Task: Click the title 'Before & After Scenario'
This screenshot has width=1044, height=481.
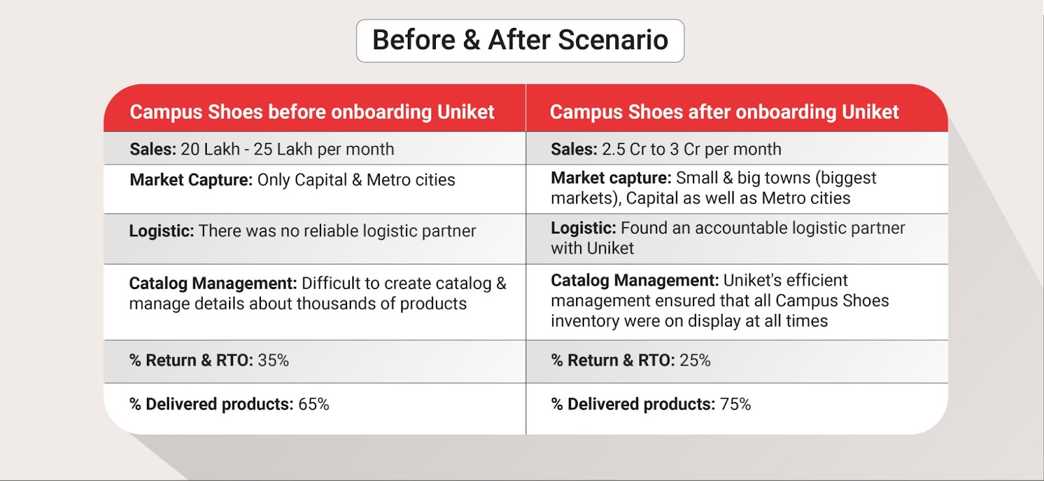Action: pyautogui.click(x=520, y=40)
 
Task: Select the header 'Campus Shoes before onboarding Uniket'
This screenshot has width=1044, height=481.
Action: pyautogui.click(x=312, y=112)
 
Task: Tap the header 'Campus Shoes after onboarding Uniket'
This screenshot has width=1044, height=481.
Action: pyautogui.click(x=724, y=112)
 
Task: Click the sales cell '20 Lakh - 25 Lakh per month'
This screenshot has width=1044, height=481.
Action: pyautogui.click(x=287, y=149)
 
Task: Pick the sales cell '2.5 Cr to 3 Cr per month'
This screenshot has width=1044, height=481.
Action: pyautogui.click(x=691, y=149)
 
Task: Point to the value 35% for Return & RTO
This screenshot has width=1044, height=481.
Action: pyautogui.click(x=273, y=360)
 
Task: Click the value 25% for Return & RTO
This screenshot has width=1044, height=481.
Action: pyautogui.click(x=695, y=360)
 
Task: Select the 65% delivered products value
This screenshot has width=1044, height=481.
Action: pyautogui.click(x=314, y=405)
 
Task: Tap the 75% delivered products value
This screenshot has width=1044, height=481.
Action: pyautogui.click(x=735, y=405)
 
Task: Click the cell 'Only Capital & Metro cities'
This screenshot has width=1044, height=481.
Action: pyautogui.click(x=356, y=180)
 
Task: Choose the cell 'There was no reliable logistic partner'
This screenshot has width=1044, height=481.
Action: pyautogui.click(x=337, y=231)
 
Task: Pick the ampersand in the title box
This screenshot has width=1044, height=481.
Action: pyautogui.click(x=471, y=40)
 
